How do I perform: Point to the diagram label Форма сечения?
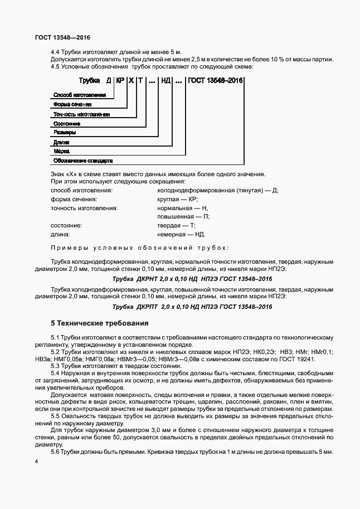pyautogui.click(x=72, y=104)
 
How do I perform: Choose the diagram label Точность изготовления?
pyautogui.click(x=81, y=114)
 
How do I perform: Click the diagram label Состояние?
pyautogui.click(x=67, y=123)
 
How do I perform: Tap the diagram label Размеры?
pyautogui.click(x=65, y=133)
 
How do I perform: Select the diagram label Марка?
pyautogui.click(x=61, y=151)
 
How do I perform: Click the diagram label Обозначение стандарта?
pyautogui.click(x=83, y=161)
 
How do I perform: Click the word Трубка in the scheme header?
pyautogui.click(x=89, y=81)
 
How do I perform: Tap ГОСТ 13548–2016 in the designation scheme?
pyautogui.click(x=215, y=81)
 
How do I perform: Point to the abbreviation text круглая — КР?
pyautogui.click(x=178, y=199)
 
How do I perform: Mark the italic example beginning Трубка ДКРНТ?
pyautogui.click(x=192, y=278)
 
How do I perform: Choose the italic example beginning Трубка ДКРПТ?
pyautogui.click(x=192, y=307)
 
